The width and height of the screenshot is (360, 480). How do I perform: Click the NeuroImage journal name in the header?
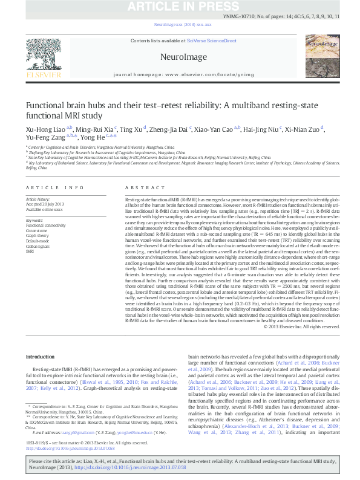point(180,57)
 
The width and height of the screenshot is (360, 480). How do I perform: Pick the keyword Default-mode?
point(38,241)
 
